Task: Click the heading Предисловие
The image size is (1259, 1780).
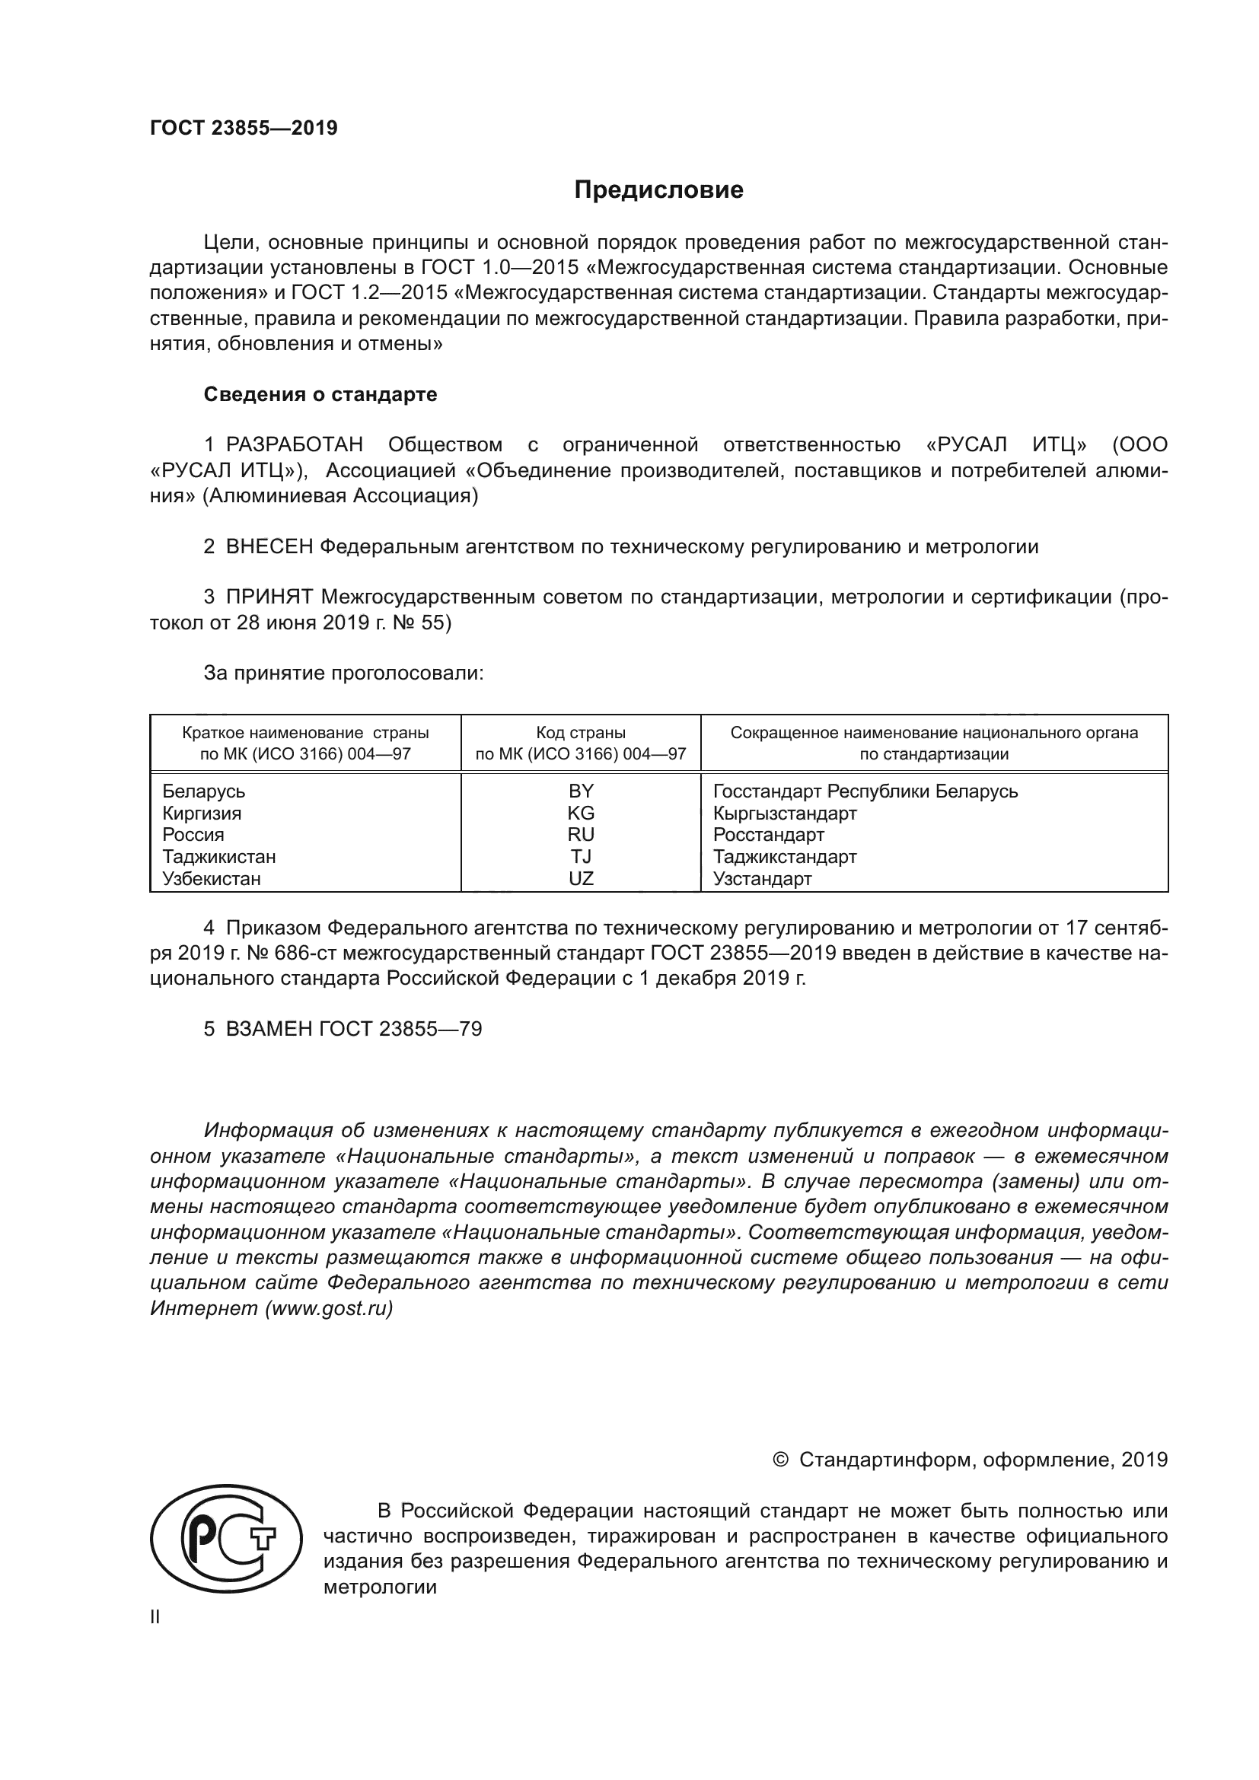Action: click(x=658, y=190)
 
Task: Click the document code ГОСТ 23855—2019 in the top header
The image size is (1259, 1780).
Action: click(x=244, y=129)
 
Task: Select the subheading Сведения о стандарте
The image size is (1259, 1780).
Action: click(x=320, y=395)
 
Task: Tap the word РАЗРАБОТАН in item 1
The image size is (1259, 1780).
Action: click(x=294, y=445)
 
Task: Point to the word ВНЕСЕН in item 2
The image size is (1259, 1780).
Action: click(x=269, y=546)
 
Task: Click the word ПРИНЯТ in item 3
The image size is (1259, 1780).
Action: click(x=269, y=597)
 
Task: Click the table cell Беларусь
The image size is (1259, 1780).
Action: click(x=204, y=791)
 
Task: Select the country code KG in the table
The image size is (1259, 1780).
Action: click(x=581, y=814)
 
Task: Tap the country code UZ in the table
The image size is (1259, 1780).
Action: click(x=581, y=878)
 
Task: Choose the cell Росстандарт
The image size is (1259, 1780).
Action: click(x=768, y=835)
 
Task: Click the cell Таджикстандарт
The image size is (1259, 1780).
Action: click(x=785, y=857)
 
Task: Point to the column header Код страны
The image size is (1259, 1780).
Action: click(x=581, y=733)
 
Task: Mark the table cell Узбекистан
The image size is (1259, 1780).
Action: click(x=212, y=878)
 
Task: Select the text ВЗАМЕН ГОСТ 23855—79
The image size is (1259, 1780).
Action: click(x=353, y=1029)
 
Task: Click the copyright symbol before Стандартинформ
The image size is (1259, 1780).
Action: click(x=780, y=1460)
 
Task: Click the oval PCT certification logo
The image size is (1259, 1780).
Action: click(x=225, y=1539)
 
